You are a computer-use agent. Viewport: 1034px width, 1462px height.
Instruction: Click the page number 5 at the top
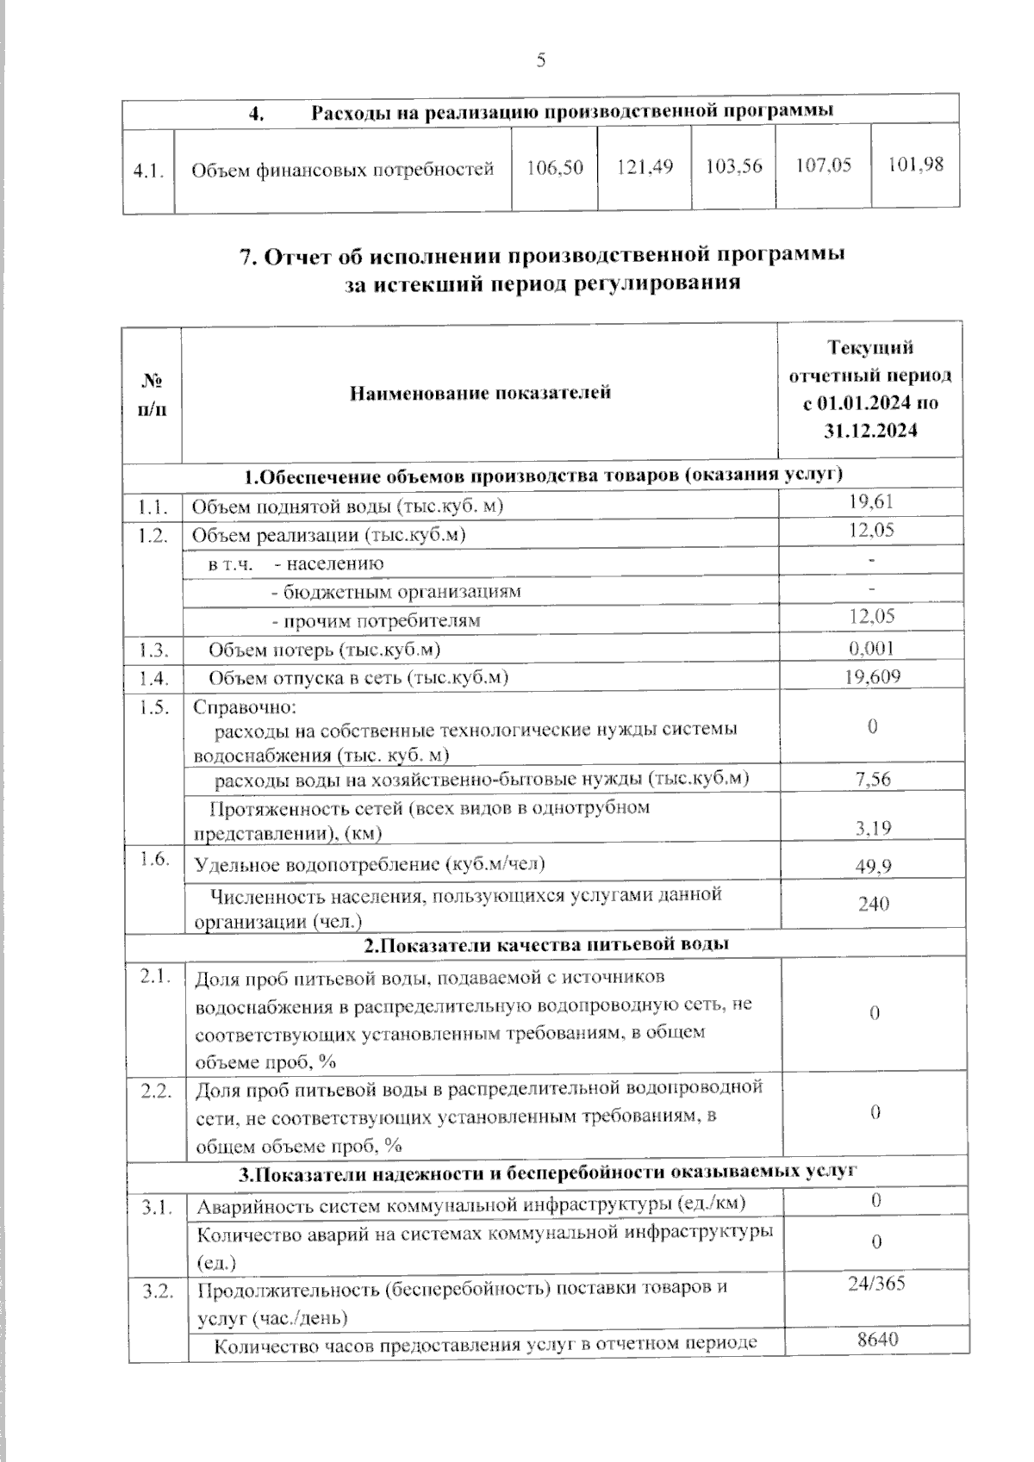click(x=540, y=59)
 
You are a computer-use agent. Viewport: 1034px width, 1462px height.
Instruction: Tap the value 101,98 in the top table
click(x=915, y=164)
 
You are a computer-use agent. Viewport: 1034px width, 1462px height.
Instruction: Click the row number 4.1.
click(x=148, y=170)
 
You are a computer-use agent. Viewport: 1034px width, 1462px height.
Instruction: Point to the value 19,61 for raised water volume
click(x=871, y=501)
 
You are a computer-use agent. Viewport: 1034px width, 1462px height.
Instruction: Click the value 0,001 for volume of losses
click(x=871, y=648)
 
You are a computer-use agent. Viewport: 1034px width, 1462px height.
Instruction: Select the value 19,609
click(x=872, y=676)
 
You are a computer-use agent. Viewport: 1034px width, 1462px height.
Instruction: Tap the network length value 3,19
click(x=872, y=828)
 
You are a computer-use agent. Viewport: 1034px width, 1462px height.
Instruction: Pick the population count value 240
click(x=873, y=904)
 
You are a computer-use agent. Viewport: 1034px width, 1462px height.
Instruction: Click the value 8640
click(x=877, y=1340)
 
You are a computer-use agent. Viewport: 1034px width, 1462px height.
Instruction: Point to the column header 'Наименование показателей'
click(x=480, y=393)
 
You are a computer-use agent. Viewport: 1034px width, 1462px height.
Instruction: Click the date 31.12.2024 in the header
click(x=870, y=431)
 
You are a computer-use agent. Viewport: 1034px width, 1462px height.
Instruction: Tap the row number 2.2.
click(x=158, y=1092)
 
